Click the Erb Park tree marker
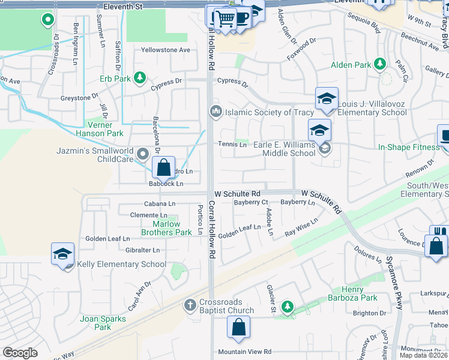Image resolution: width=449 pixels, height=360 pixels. click(139, 78)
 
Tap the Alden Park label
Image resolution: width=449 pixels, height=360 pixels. click(351, 64)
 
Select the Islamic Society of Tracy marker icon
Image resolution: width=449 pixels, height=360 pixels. click(215, 112)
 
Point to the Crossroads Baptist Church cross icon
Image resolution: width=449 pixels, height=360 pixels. click(191, 305)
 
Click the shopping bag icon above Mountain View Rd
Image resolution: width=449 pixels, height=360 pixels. click(238, 328)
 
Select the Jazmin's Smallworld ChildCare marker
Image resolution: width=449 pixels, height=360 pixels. click(143, 155)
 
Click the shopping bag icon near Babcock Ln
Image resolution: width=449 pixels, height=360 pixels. click(163, 168)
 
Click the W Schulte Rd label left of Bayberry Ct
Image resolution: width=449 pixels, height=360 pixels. click(238, 194)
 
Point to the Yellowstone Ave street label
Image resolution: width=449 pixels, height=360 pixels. click(165, 50)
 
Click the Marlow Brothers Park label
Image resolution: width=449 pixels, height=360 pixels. click(161, 228)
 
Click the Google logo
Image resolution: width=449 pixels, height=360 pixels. click(20, 353)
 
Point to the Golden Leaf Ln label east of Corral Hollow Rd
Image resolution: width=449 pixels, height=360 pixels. click(240, 227)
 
